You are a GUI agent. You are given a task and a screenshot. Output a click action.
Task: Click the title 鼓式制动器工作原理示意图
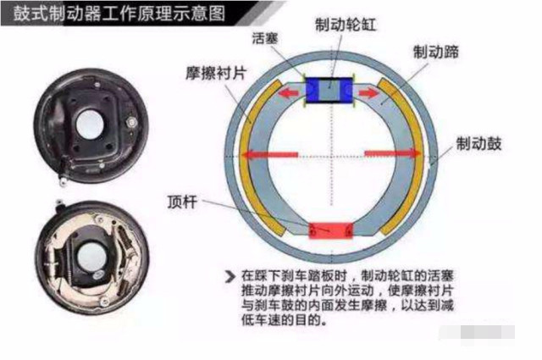119,14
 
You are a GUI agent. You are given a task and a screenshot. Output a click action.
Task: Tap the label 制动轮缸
346,25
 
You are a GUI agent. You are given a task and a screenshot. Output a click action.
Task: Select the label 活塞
265,38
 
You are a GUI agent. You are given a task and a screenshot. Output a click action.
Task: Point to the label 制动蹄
436,53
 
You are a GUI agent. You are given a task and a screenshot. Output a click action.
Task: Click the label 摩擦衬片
216,73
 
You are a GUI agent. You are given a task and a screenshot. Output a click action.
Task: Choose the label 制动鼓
478,143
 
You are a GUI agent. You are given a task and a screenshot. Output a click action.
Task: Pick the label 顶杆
182,202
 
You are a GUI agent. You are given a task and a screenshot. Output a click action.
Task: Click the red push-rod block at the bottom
331,230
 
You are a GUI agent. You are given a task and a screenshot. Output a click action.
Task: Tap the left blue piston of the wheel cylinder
312,90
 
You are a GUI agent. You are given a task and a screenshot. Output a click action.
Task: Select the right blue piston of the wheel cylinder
346,90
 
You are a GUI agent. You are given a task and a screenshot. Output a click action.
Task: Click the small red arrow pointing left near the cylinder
289,92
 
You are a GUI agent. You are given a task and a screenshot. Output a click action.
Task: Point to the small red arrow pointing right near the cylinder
369,92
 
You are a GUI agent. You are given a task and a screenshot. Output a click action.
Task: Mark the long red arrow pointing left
269,154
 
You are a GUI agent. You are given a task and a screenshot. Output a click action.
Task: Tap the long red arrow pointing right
393,153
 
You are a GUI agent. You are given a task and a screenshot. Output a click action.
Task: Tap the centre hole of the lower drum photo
90,257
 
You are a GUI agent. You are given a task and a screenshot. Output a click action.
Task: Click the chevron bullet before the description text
230,276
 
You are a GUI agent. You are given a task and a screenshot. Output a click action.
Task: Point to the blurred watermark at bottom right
477,333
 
